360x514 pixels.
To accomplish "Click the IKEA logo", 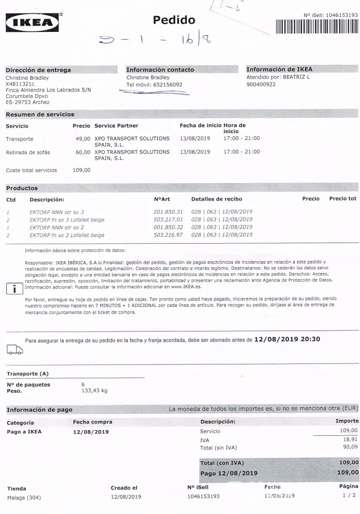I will [x=32, y=22].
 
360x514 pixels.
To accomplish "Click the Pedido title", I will [x=174, y=20].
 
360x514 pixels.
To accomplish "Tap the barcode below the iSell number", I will [x=316, y=27].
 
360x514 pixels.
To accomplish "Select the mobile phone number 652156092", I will [x=167, y=85].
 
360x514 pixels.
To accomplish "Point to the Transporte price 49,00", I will [x=83, y=139].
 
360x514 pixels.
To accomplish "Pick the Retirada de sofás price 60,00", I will [x=83, y=152].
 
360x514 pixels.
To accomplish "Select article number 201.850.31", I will [x=168, y=212].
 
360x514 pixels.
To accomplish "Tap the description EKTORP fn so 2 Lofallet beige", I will [x=67, y=235].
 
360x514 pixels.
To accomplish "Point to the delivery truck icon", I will [x=14, y=350].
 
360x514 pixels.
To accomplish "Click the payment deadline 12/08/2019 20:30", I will [x=287, y=339].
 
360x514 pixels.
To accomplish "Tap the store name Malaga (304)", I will [x=24, y=497].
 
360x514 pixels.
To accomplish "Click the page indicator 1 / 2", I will [x=349, y=496].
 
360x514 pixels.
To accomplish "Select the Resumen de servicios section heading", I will [x=40, y=114].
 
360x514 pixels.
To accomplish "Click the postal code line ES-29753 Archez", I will [x=28, y=102].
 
